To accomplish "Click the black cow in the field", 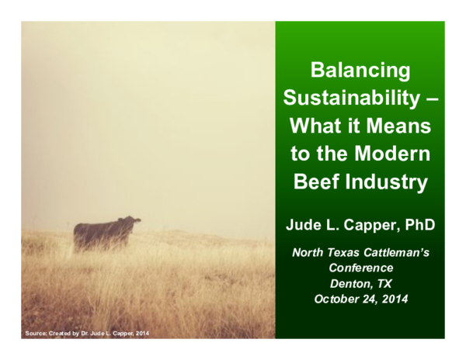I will pos(105,233).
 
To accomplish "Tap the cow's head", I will pos(134,222).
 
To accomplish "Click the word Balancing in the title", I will pos(360,71).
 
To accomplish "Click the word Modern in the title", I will pos(395,154).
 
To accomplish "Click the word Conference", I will pos(360,268).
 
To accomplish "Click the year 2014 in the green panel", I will pos(393,299).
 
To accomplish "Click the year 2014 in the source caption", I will pos(141,334).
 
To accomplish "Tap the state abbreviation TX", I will pos(381,283).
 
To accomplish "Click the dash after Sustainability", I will pos(433,99).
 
